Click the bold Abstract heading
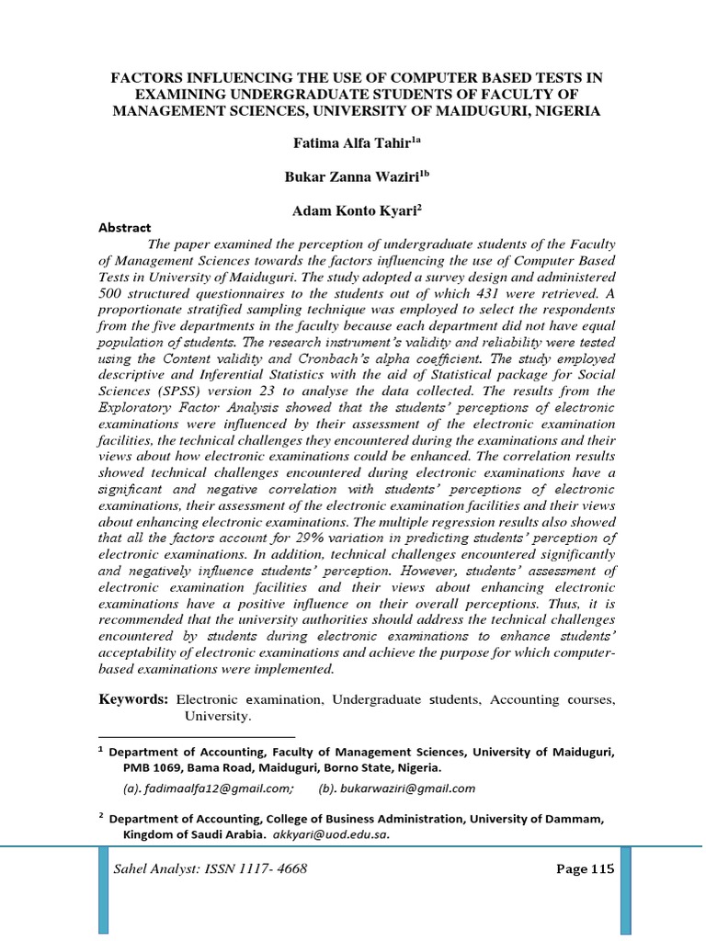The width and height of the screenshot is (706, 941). click(124, 228)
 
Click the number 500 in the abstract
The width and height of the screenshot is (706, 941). click(111, 293)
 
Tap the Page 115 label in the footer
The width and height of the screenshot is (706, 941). click(585, 870)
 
